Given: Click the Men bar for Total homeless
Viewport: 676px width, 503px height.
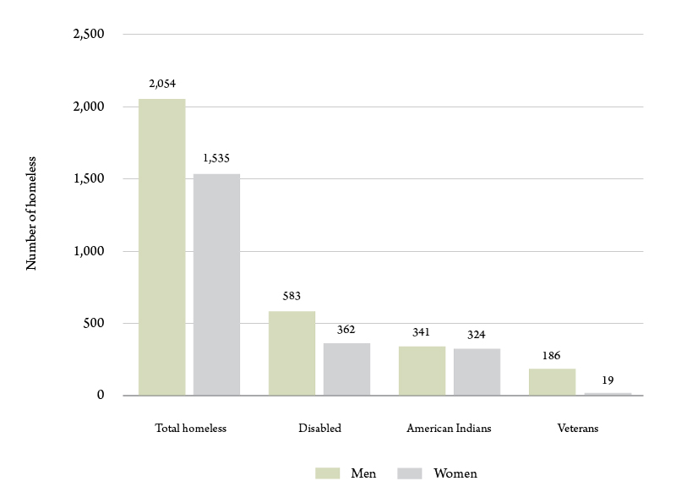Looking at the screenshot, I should tap(162, 247).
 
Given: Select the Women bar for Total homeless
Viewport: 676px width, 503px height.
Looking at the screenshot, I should tap(216, 284).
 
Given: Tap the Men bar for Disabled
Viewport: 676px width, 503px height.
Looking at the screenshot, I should tap(292, 353).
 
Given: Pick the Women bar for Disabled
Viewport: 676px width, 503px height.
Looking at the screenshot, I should tap(346, 369).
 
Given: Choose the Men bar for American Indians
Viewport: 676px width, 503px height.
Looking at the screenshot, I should tap(422, 370).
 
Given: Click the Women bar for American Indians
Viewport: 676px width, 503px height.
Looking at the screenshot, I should tap(477, 372).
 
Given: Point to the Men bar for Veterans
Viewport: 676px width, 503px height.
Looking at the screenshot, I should tap(553, 382).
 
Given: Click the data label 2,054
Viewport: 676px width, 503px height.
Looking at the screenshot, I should tap(161, 84).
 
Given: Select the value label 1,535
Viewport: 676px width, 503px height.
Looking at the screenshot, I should tap(216, 158).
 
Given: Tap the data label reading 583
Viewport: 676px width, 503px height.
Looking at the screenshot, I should tap(292, 296).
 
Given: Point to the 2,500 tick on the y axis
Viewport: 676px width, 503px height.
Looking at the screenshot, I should tap(88, 35).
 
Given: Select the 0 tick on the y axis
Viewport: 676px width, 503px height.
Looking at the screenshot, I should tap(100, 396).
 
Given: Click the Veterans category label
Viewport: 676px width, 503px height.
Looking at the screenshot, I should tap(578, 429).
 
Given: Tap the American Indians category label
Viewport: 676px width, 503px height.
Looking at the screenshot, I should tap(449, 429).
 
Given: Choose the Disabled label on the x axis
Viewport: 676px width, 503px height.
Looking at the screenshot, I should tap(319, 429).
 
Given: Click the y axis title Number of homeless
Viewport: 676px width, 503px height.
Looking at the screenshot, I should tap(32, 213).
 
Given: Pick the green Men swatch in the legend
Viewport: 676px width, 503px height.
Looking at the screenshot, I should tap(327, 473).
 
